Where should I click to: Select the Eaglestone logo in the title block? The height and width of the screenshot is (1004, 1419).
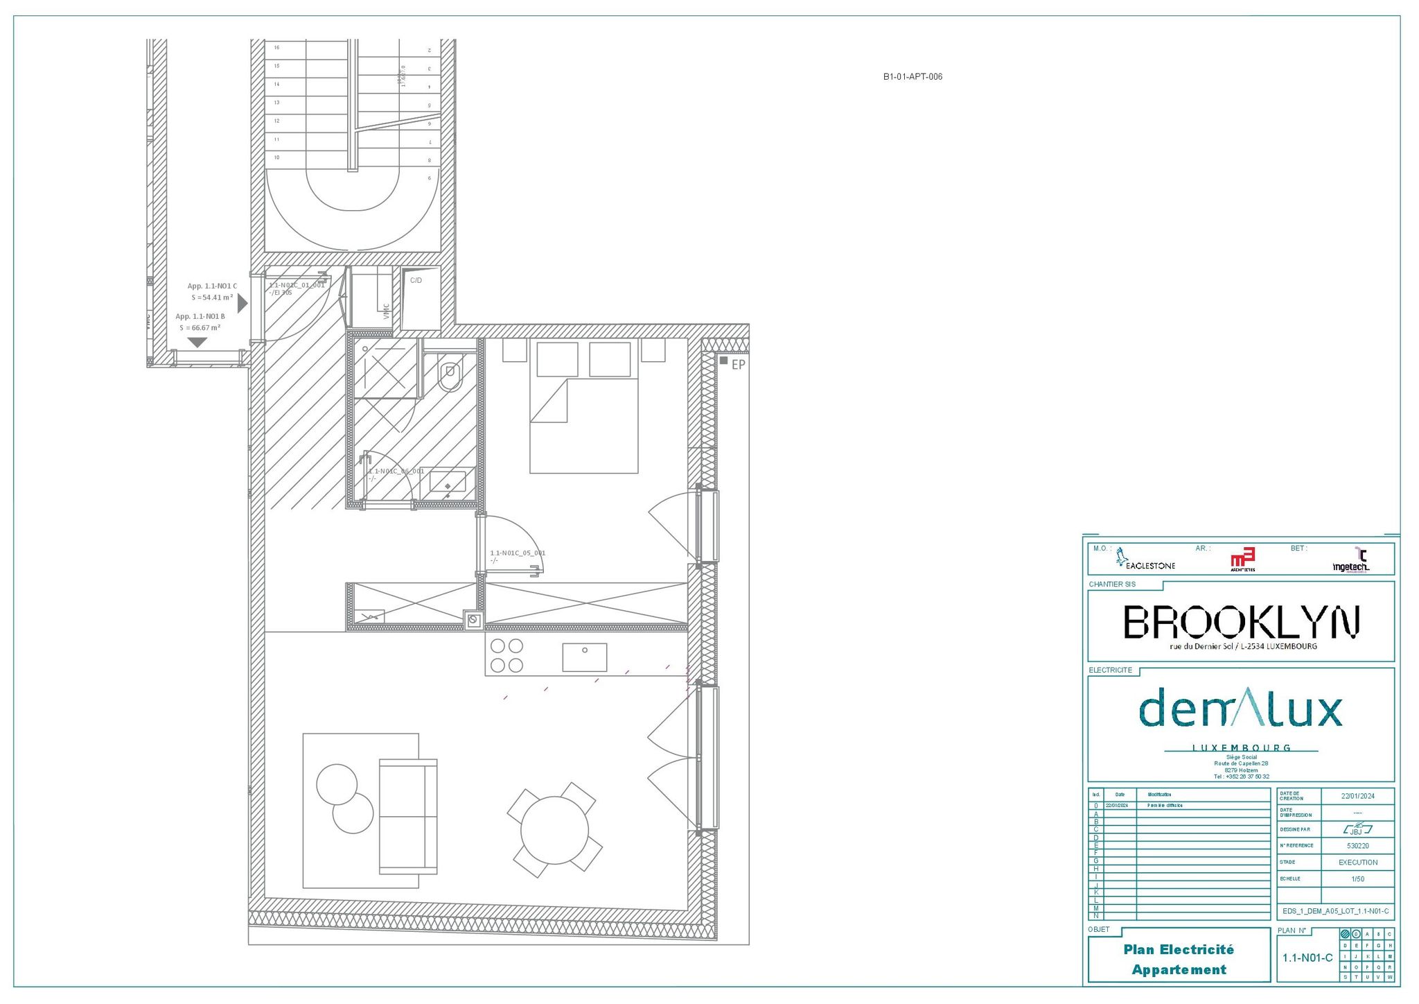click(x=1145, y=560)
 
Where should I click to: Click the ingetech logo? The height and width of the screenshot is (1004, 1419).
click(x=1351, y=562)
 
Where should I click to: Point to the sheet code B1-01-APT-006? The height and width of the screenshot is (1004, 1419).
click(x=913, y=77)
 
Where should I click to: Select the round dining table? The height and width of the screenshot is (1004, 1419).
click(x=554, y=830)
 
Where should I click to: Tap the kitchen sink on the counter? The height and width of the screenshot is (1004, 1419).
click(x=584, y=657)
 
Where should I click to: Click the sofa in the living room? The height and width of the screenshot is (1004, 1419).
click(x=408, y=816)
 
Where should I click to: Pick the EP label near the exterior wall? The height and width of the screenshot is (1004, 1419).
click(x=738, y=365)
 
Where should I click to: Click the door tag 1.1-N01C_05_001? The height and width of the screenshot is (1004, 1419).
click(x=518, y=553)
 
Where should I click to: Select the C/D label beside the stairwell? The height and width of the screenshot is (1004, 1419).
click(x=416, y=281)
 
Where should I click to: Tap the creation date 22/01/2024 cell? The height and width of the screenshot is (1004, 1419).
click(x=1357, y=796)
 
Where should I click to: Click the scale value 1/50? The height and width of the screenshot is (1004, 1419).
click(x=1357, y=879)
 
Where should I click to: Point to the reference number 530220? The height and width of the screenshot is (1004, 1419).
click(x=1357, y=846)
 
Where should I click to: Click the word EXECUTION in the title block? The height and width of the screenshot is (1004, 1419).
click(x=1357, y=863)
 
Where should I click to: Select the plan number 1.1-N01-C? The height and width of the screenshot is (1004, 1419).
click(x=1307, y=958)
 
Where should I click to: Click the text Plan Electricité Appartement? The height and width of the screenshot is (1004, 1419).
click(x=1179, y=960)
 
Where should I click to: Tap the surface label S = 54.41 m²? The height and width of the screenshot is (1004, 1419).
click(x=212, y=297)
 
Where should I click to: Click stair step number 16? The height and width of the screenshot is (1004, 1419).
click(x=277, y=48)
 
